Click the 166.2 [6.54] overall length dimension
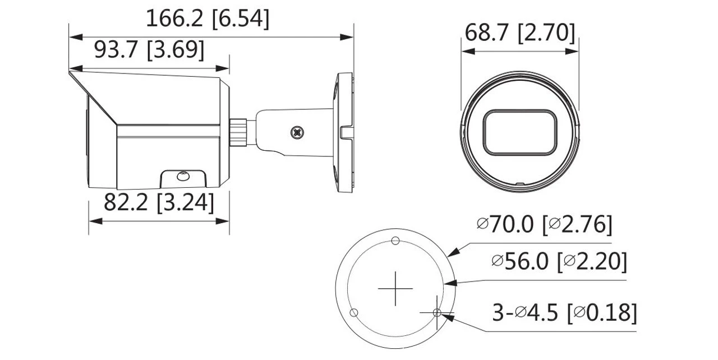[x=208, y=19]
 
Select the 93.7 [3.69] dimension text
[x=149, y=50]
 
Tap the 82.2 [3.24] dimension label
[x=159, y=202]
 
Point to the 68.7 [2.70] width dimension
[x=519, y=33]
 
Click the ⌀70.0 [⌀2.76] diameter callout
[x=544, y=225]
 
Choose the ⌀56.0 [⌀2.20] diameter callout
[x=559, y=261]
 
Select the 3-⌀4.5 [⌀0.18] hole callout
[x=564, y=313]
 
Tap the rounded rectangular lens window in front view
[x=519, y=132]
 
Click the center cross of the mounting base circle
[x=395, y=289]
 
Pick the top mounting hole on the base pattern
[x=395, y=241]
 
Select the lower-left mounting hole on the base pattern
[x=353, y=312]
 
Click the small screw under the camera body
[x=182, y=176]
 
